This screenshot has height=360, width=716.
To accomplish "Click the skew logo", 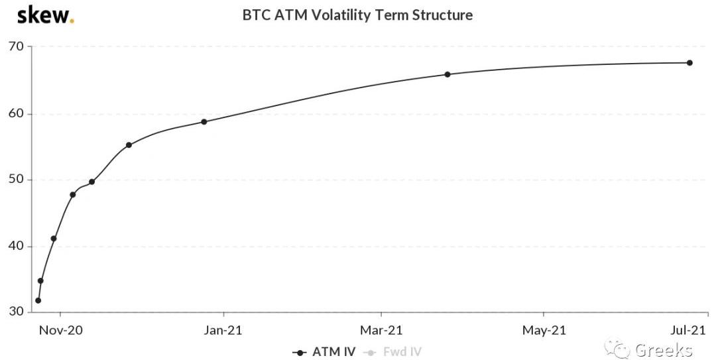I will click(x=45, y=15).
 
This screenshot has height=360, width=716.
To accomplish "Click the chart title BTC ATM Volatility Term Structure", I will click(x=357, y=15).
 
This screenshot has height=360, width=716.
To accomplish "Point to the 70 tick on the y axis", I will click(x=16, y=46).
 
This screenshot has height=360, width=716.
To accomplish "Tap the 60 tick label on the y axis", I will click(x=16, y=113).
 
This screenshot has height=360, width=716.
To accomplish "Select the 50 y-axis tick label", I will click(x=16, y=180).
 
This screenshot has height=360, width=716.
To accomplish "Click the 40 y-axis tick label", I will click(x=16, y=246).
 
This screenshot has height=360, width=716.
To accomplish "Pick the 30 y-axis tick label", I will click(x=16, y=312).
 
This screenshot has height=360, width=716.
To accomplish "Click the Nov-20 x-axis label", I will click(x=61, y=330).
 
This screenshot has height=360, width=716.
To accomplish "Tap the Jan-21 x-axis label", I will click(x=224, y=330).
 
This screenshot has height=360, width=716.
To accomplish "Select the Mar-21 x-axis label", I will click(x=381, y=330).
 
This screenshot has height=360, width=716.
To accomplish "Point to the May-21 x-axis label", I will click(x=544, y=330).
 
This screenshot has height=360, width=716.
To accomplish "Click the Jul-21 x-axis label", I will click(x=689, y=330).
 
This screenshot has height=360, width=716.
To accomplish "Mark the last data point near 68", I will click(x=689, y=63).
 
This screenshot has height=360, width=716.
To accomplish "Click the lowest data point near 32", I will click(x=38, y=300).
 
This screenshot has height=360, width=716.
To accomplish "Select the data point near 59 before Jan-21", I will click(x=204, y=122).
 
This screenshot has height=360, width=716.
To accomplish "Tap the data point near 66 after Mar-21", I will click(x=447, y=74).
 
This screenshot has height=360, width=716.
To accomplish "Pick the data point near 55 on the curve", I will click(x=129, y=145).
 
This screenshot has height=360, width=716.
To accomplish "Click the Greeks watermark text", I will click(x=663, y=350).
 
